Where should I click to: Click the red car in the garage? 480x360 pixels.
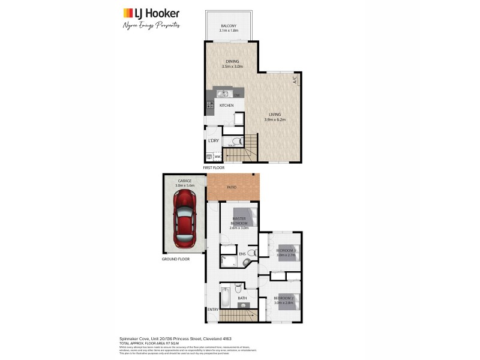(185, 221)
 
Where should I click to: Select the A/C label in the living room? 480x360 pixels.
(295, 79)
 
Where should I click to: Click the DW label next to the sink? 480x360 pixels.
(236, 95)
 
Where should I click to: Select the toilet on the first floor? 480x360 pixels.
(236, 141)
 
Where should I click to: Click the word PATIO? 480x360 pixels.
(232, 187)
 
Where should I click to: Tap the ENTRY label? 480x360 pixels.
(212, 310)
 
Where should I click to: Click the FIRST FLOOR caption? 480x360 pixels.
(214, 169)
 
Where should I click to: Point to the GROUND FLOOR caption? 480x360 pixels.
(175, 259)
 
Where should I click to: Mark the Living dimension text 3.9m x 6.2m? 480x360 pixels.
(275, 119)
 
